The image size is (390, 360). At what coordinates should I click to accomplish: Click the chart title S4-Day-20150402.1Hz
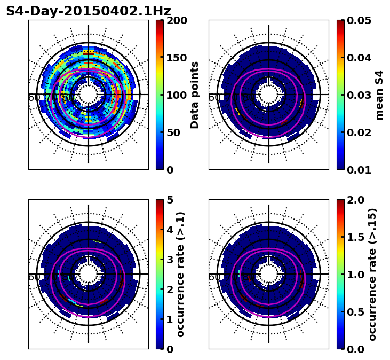(x=89, y=11)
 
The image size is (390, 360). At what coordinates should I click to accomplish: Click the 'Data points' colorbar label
(x=195, y=95)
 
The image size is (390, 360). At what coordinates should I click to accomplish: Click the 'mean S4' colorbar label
(x=379, y=95)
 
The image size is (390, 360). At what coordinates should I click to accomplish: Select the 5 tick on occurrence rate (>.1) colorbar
(x=170, y=200)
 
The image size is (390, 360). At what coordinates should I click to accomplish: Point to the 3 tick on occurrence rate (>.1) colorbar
(x=170, y=260)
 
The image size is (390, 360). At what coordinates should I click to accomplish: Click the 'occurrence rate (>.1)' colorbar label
(x=181, y=274)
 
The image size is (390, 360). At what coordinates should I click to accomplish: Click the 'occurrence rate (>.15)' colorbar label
(x=372, y=274)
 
